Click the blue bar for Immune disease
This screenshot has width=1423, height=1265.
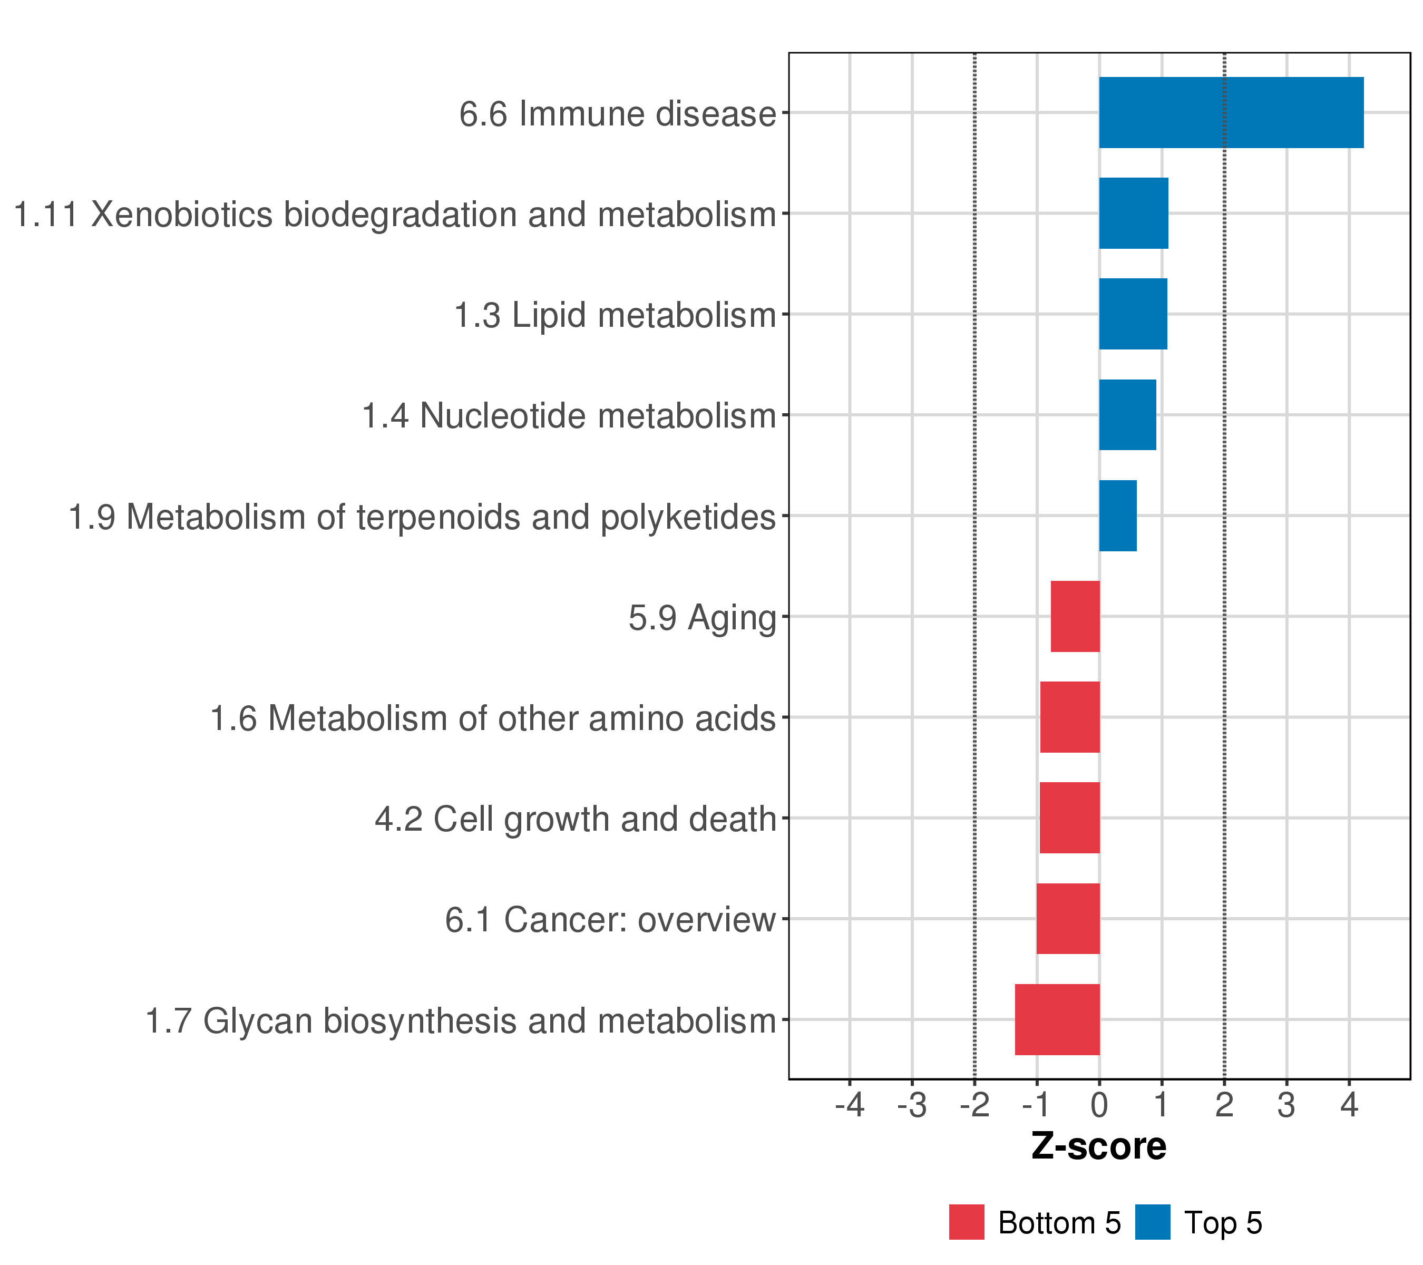click(x=1231, y=113)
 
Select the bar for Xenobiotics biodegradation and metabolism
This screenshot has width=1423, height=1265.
click(x=1133, y=213)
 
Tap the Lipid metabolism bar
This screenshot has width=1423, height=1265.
click(x=1133, y=314)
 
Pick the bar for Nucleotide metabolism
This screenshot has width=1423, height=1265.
click(x=1127, y=415)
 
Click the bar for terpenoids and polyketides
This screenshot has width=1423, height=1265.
click(x=1117, y=516)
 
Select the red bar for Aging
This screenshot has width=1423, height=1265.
click(x=1075, y=616)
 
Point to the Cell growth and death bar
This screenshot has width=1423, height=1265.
click(x=1069, y=818)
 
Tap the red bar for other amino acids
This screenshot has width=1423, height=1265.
click(x=1069, y=717)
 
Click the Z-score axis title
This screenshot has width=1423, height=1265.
click(x=1098, y=1146)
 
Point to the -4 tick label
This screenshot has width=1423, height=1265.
click(x=850, y=1105)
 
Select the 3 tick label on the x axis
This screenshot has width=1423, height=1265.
click(x=1286, y=1105)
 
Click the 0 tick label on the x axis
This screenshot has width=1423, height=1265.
click(x=1099, y=1105)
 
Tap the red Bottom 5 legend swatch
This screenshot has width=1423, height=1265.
click(x=966, y=1222)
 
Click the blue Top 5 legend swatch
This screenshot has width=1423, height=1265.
click(x=1152, y=1222)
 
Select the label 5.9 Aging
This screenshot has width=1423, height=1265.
click(x=702, y=618)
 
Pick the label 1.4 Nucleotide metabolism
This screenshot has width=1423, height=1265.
click(x=569, y=416)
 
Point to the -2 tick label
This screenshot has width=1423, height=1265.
click(x=974, y=1105)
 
